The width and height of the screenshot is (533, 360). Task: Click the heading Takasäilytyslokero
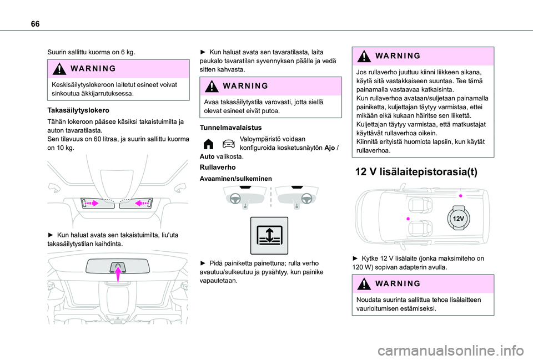[x=77, y=110]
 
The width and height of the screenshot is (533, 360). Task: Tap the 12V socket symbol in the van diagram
[x=458, y=219]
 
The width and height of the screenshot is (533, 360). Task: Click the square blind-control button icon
[x=268, y=235]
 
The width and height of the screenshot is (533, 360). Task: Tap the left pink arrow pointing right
[x=92, y=204]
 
